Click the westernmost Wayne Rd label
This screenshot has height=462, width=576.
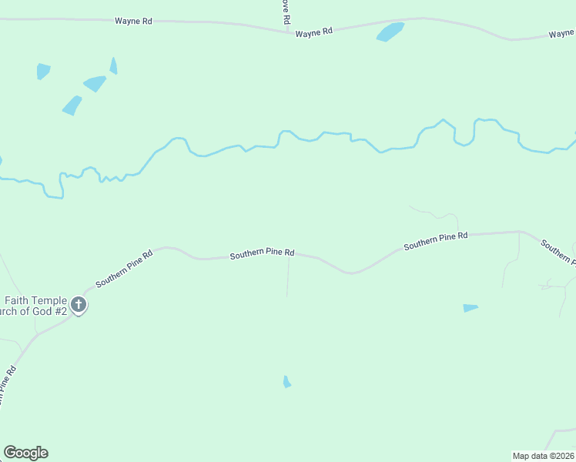[133, 21]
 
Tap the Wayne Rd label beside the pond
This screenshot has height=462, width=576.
[313, 32]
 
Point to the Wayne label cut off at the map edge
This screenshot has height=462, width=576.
[561, 34]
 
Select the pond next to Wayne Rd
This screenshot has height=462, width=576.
[390, 32]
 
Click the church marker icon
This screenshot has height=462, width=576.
[78, 305]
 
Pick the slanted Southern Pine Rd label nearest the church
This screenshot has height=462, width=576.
[124, 267]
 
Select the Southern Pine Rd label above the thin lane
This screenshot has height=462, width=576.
[263, 253]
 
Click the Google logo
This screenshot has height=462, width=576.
[25, 453]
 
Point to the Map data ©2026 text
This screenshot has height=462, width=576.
[544, 455]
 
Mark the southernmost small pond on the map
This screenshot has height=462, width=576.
[286, 382]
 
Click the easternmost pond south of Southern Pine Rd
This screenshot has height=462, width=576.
[470, 308]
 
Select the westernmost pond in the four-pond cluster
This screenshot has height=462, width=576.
[43, 71]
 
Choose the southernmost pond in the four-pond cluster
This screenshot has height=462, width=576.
[72, 105]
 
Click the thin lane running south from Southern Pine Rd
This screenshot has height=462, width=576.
[288, 277]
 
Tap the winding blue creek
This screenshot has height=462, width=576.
[231, 147]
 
